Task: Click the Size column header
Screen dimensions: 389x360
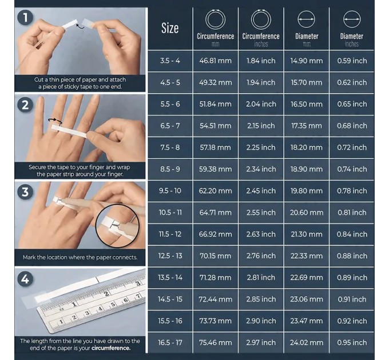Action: point(170,28)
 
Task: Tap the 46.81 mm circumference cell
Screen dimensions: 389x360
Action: point(215,61)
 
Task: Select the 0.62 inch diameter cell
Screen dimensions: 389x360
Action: point(352,82)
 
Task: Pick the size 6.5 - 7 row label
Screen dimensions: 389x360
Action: point(170,126)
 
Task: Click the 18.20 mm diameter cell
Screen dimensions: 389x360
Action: point(307,147)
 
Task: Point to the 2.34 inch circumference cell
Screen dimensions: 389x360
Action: point(261,169)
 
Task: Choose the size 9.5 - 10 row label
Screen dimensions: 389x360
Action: point(170,191)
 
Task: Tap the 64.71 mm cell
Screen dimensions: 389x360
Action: point(215,213)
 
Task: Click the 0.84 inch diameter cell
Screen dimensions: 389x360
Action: point(352,234)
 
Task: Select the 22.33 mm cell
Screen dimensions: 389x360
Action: point(307,256)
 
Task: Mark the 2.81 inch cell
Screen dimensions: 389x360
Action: point(261,278)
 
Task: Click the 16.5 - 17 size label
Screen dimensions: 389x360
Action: point(170,343)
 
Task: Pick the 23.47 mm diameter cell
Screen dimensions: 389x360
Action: point(307,321)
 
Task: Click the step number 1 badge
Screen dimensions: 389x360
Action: point(25,18)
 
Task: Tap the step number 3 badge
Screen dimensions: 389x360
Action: point(25,192)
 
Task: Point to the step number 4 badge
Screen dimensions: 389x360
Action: point(25,279)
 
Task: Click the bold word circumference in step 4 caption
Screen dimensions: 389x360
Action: point(111,348)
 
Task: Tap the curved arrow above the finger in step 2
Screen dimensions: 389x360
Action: point(55,120)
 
